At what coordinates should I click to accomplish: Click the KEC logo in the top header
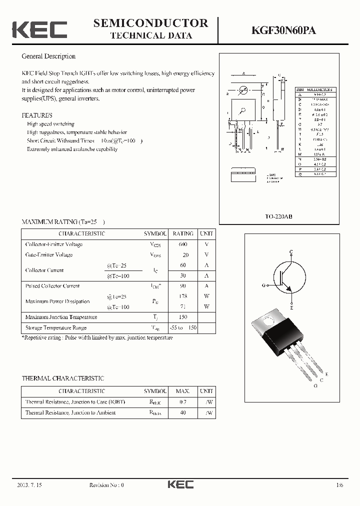pyautogui.click(x=39, y=29)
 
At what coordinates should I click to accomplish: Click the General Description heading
pyautogui.click(x=48, y=56)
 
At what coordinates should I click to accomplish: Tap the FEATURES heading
pyautogui.click(x=37, y=115)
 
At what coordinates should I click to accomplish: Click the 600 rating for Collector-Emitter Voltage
pyautogui.click(x=182, y=244)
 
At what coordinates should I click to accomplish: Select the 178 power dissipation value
pyautogui.click(x=182, y=296)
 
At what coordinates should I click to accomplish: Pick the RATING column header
pyautogui.click(x=182, y=233)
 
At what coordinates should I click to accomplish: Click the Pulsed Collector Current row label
pyautogui.click(x=52, y=286)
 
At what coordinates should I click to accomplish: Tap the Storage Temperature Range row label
pyautogui.click(x=56, y=328)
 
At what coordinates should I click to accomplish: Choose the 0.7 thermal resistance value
pyautogui.click(x=182, y=402)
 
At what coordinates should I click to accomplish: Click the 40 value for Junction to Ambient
pyautogui.click(x=182, y=413)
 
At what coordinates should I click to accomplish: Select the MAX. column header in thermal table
pyautogui.click(x=182, y=391)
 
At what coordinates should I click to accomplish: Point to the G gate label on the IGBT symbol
pyautogui.click(x=263, y=285)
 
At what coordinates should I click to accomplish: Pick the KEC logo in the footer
pyautogui.click(x=180, y=485)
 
